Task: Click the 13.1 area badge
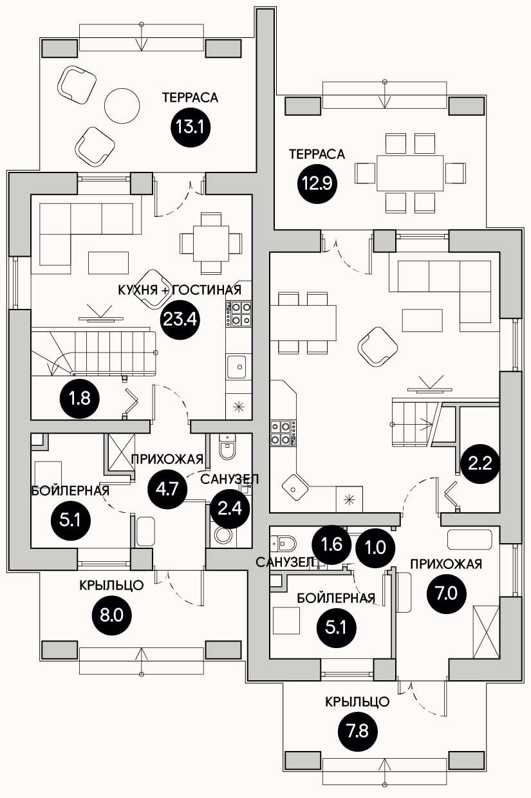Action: pyautogui.click(x=190, y=126)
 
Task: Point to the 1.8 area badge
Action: pyautogui.click(x=80, y=398)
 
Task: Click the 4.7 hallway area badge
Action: pyautogui.click(x=167, y=488)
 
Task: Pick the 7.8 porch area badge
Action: pyautogui.click(x=357, y=732)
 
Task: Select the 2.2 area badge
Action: pyautogui.click(x=480, y=463)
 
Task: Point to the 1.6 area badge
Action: pyautogui.click(x=331, y=544)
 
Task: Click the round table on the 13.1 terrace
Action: pyautogui.click(x=122, y=105)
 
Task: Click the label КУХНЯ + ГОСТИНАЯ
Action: pyautogui.click(x=180, y=290)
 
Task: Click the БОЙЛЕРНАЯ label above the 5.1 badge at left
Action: pyautogui.click(x=70, y=490)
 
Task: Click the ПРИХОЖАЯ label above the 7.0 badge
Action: pyautogui.click(x=446, y=564)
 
